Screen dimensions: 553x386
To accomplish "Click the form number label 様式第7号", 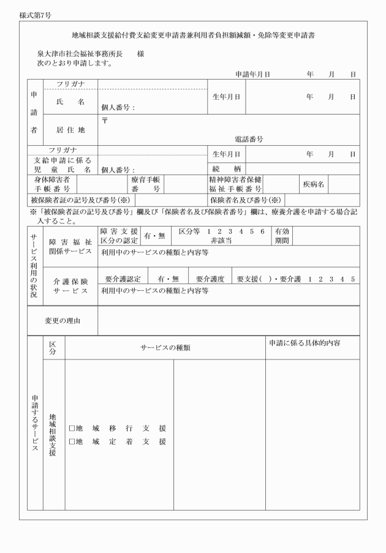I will tap(35, 13).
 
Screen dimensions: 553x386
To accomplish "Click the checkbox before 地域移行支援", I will tap(72, 429).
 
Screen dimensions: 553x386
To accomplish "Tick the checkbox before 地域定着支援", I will tap(72, 442).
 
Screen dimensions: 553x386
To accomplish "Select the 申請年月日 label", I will tap(252, 74).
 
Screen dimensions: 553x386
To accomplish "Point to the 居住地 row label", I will tap(71, 130).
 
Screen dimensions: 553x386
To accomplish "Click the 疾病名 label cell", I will tap(312, 184).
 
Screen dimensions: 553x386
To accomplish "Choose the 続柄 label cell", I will tap(225, 168).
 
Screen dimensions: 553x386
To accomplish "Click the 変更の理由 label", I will tap(62, 320).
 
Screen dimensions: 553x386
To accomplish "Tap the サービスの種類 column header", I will tap(165, 347).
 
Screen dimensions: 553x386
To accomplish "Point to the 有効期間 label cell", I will tap(282, 236).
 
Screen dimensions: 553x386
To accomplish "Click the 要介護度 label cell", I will tap(210, 279).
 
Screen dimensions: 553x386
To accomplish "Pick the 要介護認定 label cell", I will tap(123, 279).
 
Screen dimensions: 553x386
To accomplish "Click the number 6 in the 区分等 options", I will tap(262, 231).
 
